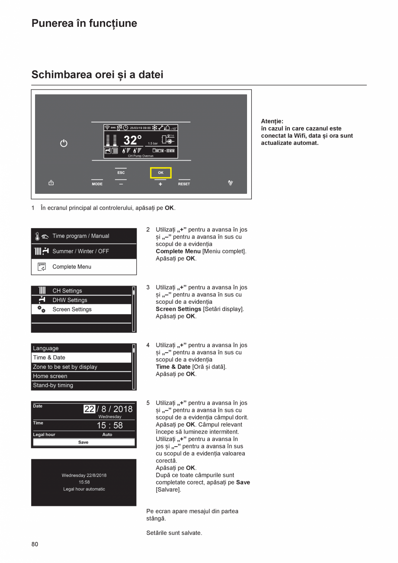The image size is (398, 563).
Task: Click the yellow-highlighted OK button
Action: point(160,173)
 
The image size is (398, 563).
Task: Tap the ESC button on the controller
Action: point(121,173)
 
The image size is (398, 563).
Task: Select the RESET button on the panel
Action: point(184,184)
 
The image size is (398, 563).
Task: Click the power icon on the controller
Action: point(64,143)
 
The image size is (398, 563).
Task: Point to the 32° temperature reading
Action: point(132,140)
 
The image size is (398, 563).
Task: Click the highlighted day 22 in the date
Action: point(89,409)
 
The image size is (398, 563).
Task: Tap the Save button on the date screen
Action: point(83,442)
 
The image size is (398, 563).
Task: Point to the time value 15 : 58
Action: point(109,425)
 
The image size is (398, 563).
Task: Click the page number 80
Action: point(35,544)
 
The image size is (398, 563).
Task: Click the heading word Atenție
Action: point(272,121)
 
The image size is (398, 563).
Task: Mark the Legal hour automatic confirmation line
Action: point(84,489)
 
